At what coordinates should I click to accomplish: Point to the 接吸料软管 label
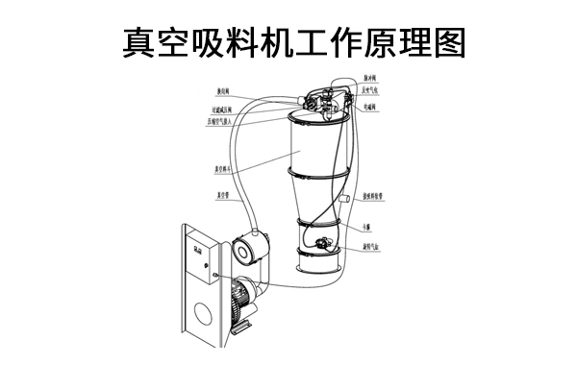coord(375,196)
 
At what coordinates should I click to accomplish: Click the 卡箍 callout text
coord(368,227)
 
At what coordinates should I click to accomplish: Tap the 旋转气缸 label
coord(373,246)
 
